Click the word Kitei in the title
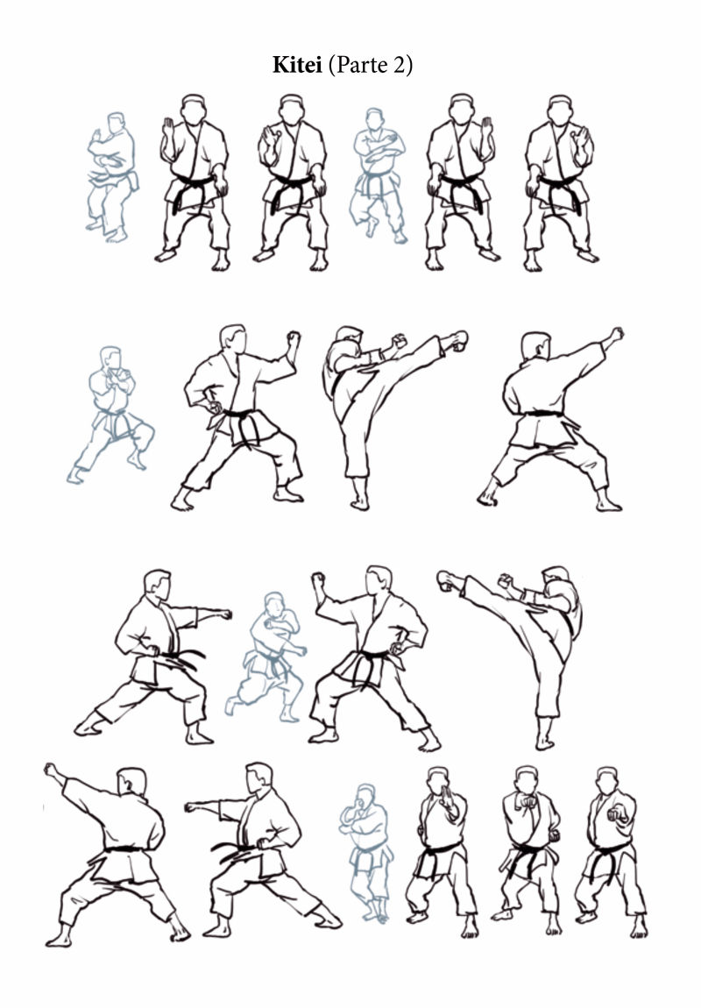pos(297,65)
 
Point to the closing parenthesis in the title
pos(408,66)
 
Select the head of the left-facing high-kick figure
pos(556,576)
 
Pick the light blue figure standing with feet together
pos(365,853)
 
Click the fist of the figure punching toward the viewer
pos(618,814)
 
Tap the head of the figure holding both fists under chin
pos(527,780)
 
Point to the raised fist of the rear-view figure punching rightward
pos(615,334)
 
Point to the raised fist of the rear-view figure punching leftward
pos(52,770)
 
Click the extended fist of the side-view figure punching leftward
pos(192,806)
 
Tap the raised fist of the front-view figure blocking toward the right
pos(294,337)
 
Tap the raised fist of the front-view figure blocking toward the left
pos(317,580)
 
